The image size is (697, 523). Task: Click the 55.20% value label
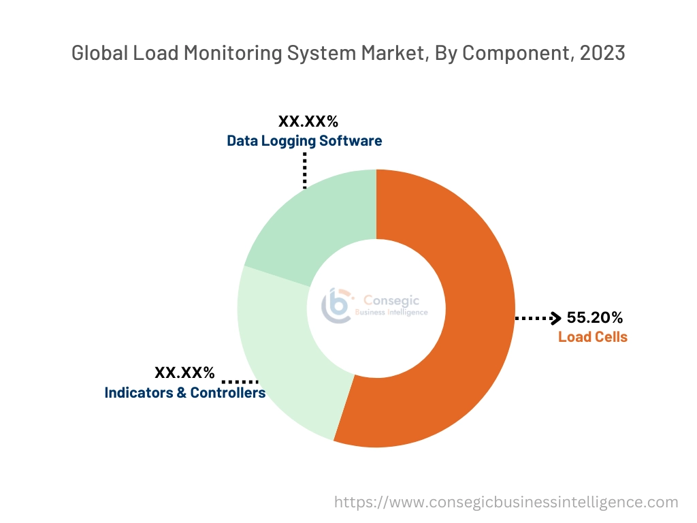[594, 317]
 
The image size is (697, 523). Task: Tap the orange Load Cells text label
[592, 336]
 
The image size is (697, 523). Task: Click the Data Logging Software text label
[304, 141]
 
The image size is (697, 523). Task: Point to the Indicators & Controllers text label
[184, 393]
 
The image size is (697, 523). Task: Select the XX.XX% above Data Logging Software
[308, 122]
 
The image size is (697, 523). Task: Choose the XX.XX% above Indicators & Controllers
[184, 373]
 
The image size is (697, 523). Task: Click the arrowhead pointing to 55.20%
[555, 318]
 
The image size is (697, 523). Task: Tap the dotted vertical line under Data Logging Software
[305, 170]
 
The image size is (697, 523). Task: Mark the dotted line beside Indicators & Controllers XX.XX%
[240, 381]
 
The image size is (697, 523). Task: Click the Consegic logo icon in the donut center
[338, 304]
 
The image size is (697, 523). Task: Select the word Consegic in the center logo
[391, 300]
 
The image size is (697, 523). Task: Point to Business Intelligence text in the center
[391, 313]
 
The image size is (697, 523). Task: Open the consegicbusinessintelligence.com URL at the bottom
[506, 503]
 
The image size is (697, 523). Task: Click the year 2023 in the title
[602, 53]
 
